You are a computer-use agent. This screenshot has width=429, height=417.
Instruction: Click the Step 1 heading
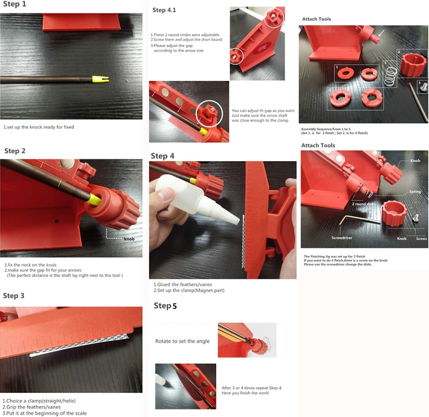point(15,4)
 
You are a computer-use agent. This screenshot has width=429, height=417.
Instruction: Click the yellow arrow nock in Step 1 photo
point(100,79)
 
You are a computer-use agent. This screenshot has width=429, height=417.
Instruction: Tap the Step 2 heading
point(15,151)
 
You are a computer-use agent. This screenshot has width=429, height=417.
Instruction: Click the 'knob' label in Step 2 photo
point(129,239)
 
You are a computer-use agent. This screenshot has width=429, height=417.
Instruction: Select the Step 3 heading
point(14,296)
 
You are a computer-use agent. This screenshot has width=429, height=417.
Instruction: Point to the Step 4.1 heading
point(164,10)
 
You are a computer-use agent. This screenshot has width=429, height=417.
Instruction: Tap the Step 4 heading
point(162,156)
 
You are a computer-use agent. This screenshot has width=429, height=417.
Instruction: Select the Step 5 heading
point(165,306)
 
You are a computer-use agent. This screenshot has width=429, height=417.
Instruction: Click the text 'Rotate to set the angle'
point(182,341)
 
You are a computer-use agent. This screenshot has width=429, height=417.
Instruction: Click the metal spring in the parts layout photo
point(390,76)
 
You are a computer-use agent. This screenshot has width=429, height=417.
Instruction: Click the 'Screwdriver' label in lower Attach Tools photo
point(342,238)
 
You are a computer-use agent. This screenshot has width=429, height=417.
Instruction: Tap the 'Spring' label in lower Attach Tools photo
point(415,192)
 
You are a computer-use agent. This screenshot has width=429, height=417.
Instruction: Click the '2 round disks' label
point(364,204)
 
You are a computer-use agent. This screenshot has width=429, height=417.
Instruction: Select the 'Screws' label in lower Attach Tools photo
point(421,238)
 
